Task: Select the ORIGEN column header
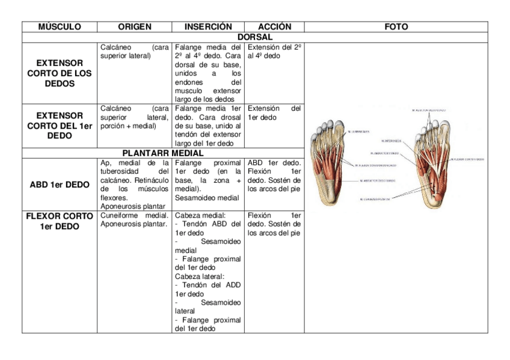pyautogui.click(x=134, y=27)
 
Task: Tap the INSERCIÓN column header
pyautogui.click(x=207, y=27)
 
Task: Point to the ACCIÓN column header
pyautogui.click(x=274, y=27)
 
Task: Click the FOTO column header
pyautogui.click(x=396, y=27)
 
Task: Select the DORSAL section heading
pyautogui.click(x=255, y=37)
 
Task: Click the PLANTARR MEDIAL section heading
pyautogui.click(x=164, y=153)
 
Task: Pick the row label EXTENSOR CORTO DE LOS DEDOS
pyautogui.click(x=60, y=73)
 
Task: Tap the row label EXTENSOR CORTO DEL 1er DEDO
pyautogui.click(x=60, y=125)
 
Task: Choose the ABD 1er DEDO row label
pyautogui.click(x=60, y=185)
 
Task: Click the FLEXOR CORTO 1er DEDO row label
pyautogui.click(x=60, y=221)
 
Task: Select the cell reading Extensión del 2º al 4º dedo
pyautogui.click(x=274, y=51)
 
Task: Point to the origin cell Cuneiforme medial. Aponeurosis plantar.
pyautogui.click(x=134, y=219)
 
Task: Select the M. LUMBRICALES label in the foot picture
pyautogui.click(x=358, y=132)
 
